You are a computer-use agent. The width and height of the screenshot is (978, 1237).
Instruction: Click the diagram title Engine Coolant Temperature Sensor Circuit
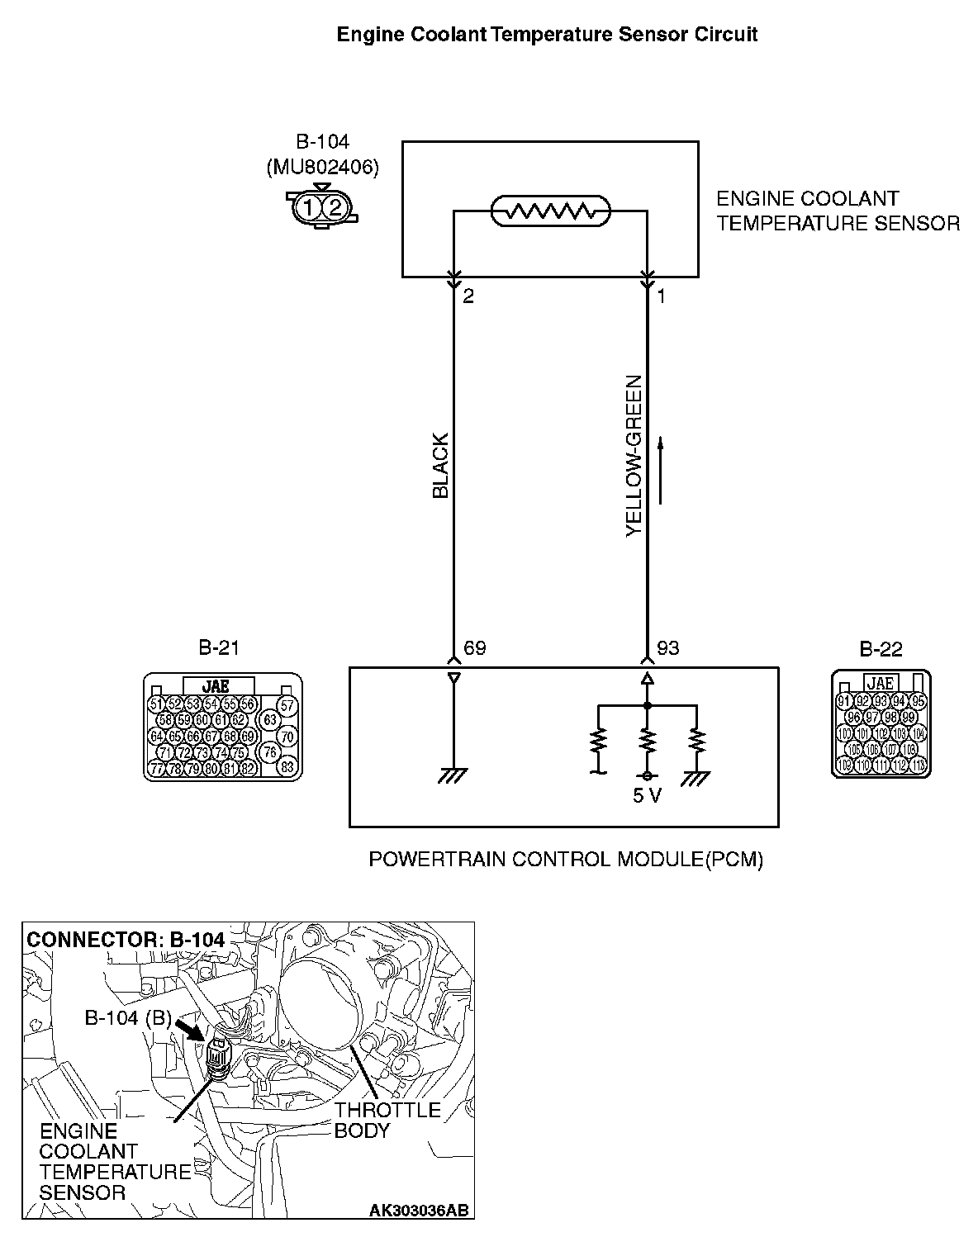(547, 35)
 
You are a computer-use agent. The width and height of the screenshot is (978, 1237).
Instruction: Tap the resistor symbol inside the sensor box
(550, 211)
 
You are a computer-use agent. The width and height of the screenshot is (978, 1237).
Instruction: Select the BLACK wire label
(441, 466)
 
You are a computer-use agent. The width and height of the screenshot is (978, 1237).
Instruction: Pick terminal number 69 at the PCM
(475, 648)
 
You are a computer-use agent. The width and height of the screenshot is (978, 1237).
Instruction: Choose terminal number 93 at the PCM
(668, 648)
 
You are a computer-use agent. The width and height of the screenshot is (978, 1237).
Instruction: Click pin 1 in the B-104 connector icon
(307, 206)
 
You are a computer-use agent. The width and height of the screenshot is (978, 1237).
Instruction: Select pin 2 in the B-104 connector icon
(335, 206)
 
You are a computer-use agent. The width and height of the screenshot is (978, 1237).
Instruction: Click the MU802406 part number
(323, 168)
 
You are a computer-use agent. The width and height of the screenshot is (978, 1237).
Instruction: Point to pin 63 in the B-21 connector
(270, 719)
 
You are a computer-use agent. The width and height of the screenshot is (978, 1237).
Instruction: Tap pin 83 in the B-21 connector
(287, 766)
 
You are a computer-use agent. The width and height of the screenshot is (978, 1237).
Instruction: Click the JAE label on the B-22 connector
(881, 683)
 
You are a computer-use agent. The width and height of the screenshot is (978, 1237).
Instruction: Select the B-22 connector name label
(881, 649)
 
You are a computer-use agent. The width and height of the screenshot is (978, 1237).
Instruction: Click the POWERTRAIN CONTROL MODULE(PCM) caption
(566, 860)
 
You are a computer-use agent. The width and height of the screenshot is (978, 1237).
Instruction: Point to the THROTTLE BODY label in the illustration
(387, 1120)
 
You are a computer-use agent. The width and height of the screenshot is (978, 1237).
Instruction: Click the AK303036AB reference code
(420, 1211)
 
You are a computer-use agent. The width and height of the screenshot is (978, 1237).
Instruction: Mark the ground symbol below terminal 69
(453, 775)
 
